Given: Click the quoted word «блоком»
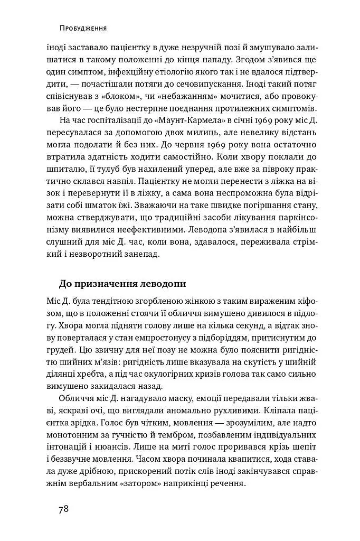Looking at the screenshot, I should [136, 97].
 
